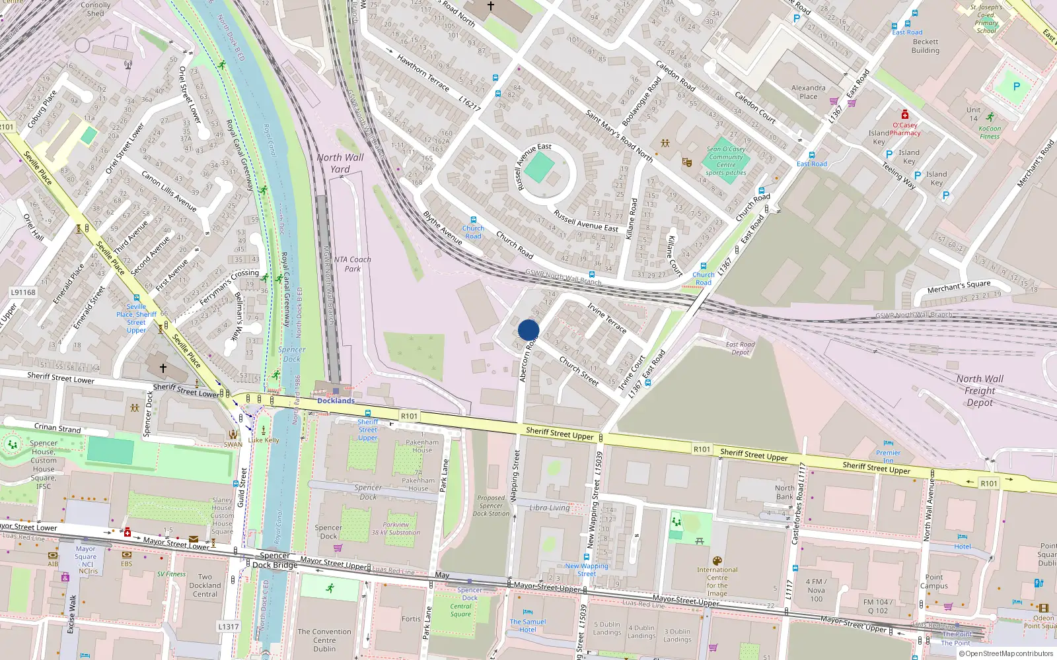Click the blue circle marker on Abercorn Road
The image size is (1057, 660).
528,330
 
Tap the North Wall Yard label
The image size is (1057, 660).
340,163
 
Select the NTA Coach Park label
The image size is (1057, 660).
352,264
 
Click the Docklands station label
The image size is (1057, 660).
336,401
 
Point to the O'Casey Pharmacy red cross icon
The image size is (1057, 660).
905,115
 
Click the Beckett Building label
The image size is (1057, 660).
925,46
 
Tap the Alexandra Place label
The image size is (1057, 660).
809,92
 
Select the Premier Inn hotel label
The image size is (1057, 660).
888,456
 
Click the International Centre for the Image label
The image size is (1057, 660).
717,581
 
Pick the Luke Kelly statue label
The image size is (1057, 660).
264,440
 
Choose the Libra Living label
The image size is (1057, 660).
549,508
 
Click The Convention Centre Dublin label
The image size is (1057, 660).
324,640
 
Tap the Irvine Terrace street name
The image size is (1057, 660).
607,317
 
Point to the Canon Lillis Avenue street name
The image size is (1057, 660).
169,191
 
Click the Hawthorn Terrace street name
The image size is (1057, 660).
423,73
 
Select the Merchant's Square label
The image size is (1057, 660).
959,286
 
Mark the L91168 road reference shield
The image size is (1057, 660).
23,292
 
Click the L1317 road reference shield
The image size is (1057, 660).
228,626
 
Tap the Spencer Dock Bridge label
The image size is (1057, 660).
275,560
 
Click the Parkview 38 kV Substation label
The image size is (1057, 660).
396,529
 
